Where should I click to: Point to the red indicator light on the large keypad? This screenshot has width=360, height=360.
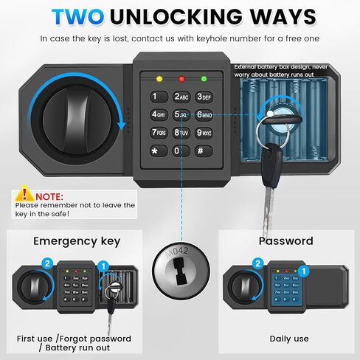click(x=181, y=77)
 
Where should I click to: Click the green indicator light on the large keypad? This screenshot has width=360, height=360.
click(x=203, y=77)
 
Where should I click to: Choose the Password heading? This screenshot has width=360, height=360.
click(x=285, y=240)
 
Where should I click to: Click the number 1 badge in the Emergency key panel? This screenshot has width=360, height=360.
click(x=103, y=263)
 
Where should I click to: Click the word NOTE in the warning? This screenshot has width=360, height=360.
click(x=49, y=197)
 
